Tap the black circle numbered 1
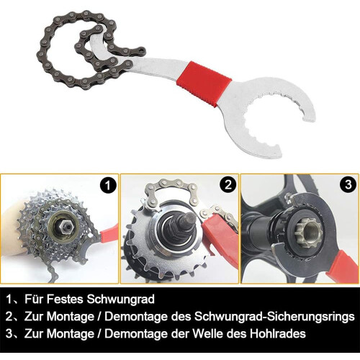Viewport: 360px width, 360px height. click(x=108, y=185)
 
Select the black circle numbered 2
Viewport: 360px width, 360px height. click(x=228, y=184)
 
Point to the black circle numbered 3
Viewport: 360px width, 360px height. click(x=348, y=184)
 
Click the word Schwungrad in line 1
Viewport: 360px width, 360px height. click(x=120, y=300)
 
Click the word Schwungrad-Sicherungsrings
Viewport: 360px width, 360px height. click(x=274, y=317)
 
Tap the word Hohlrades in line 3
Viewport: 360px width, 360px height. click(x=278, y=333)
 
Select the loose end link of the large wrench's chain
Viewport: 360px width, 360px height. click(x=140, y=50)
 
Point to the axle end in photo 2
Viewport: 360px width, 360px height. click(x=189, y=219)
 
